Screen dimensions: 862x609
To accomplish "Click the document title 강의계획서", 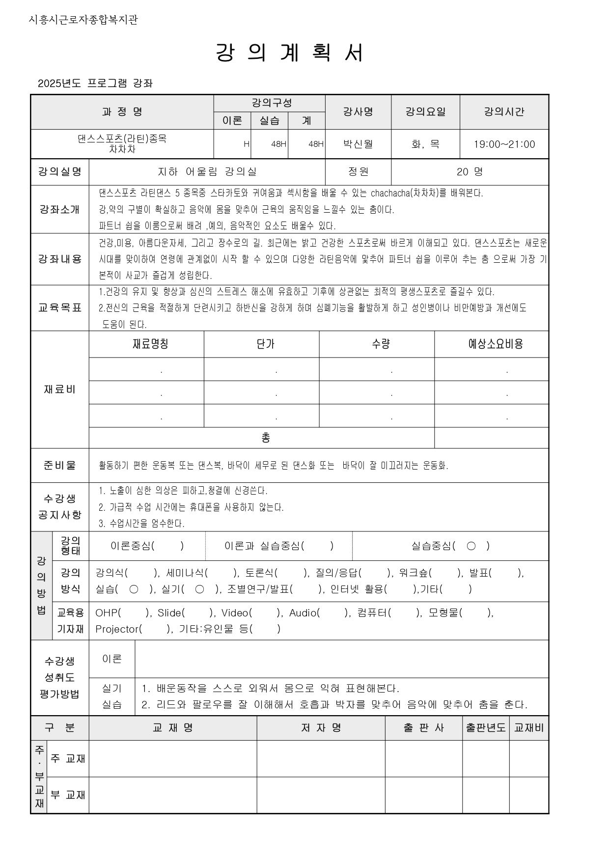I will (x=290, y=53).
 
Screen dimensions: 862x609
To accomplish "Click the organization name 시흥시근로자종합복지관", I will (x=83, y=20).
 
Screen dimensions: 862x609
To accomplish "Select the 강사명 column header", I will (x=358, y=111).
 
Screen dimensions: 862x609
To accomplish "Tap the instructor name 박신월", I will (x=358, y=144).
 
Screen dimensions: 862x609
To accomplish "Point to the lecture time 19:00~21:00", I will (x=504, y=144).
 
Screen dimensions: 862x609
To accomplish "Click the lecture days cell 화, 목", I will (x=425, y=144).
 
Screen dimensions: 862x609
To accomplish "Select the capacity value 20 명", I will (x=470, y=171).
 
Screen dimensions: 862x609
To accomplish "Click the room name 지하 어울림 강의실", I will (x=207, y=171).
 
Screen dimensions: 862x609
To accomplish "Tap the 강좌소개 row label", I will (x=59, y=209).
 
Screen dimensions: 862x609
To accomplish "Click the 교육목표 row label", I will (x=59, y=308).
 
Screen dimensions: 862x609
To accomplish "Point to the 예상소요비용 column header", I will (x=495, y=344).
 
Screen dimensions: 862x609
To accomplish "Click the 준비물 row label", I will (x=59, y=465).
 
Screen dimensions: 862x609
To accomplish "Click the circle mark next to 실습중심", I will (x=471, y=546).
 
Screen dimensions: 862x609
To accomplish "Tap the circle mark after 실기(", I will (x=199, y=589).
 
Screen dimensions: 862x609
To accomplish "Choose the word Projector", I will (x=118, y=629).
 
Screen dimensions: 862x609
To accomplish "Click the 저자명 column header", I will (x=321, y=727).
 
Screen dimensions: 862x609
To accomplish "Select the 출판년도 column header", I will (x=485, y=727).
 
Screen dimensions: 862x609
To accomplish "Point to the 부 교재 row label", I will (x=68, y=795).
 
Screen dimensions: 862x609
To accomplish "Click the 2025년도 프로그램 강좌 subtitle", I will (x=95, y=83).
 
